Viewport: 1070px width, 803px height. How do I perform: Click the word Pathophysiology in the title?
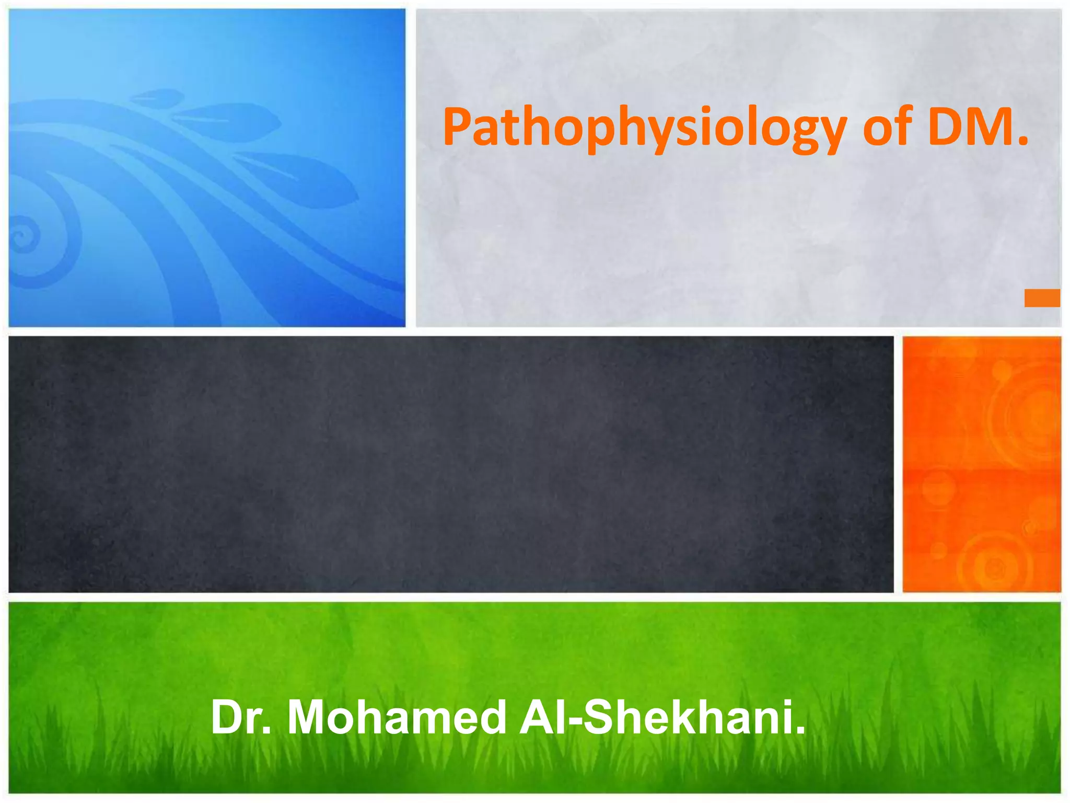(x=644, y=128)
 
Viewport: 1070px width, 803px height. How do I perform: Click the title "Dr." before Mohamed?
(x=241, y=718)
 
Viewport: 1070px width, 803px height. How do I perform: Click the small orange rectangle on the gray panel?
(x=1042, y=298)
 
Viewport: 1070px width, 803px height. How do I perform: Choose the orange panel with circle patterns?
(x=982, y=464)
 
